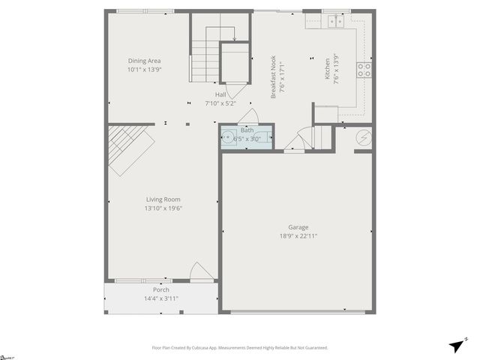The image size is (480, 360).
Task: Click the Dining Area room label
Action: pyautogui.click(x=144, y=61)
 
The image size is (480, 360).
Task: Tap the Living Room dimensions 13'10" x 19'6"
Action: pyautogui.click(x=163, y=208)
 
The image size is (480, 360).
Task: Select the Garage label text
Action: pyautogui.click(x=298, y=227)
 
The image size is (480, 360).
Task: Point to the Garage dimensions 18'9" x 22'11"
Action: pyautogui.click(x=298, y=236)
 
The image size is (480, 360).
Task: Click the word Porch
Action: pyautogui.click(x=161, y=289)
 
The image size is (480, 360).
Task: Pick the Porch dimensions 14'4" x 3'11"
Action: pyautogui.click(x=161, y=298)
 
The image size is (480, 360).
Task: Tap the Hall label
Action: pyautogui.click(x=220, y=95)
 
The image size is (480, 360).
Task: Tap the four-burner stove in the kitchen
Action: pyautogui.click(x=364, y=70)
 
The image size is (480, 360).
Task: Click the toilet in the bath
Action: pyautogui.click(x=263, y=138)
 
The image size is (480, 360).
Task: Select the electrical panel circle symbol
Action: pyautogui.click(x=363, y=138)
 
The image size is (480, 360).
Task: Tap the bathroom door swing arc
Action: pyautogui.click(x=252, y=116)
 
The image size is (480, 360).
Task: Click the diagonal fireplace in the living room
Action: pyautogui.click(x=127, y=146)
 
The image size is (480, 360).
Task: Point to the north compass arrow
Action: pyautogui.click(x=456, y=345)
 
